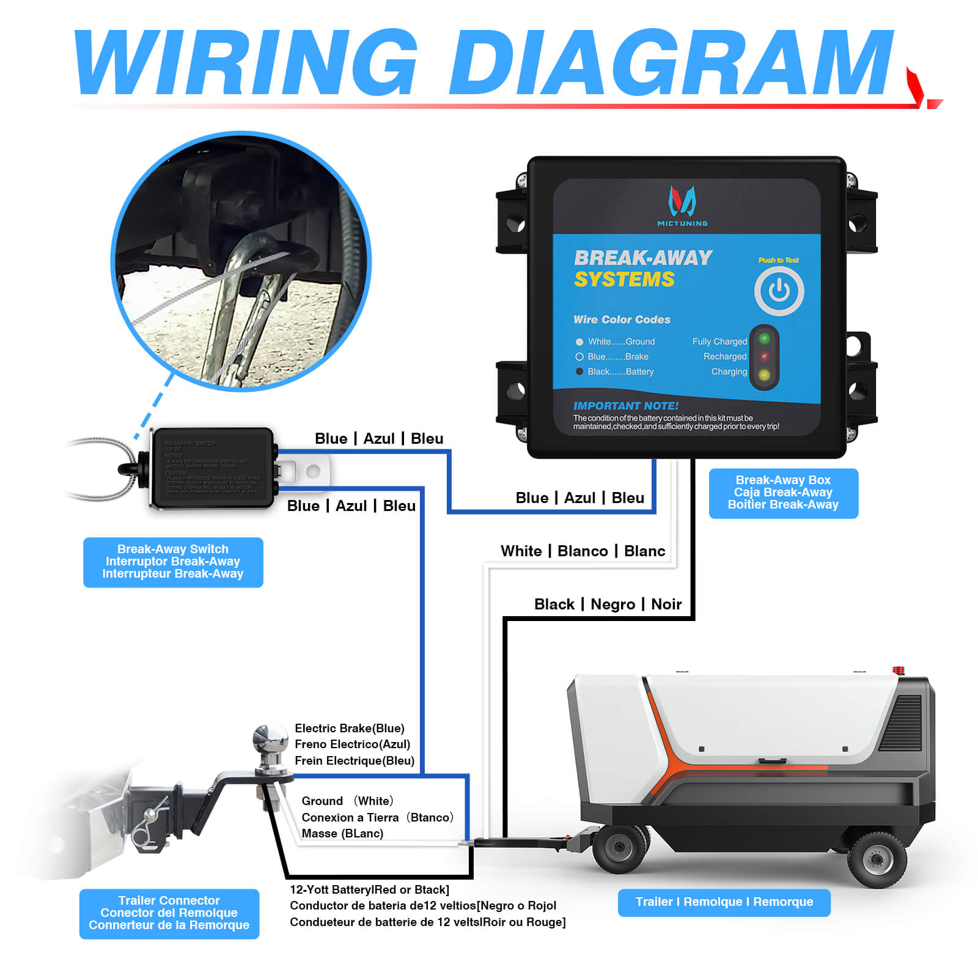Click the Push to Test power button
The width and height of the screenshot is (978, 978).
pyautogui.click(x=779, y=291)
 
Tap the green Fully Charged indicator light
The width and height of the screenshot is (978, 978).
pyautogui.click(x=764, y=339)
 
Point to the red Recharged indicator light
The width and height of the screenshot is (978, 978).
pyautogui.click(x=764, y=356)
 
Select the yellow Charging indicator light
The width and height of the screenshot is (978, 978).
pyautogui.click(x=764, y=375)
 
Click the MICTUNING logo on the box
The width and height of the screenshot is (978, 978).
pyautogui.click(x=682, y=205)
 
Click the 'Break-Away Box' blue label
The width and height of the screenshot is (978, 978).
pyautogui.click(x=783, y=493)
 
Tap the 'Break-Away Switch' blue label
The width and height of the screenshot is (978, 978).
pyautogui.click(x=173, y=562)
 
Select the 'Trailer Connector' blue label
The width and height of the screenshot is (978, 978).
pyautogui.click(x=169, y=913)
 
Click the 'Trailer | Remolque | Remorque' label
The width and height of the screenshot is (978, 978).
pyautogui.click(x=724, y=902)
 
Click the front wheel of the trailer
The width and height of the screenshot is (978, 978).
pyautogui.click(x=620, y=847)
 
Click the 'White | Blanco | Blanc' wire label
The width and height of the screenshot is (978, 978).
pyautogui.click(x=583, y=551)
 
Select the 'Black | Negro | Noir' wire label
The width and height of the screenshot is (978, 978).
pyautogui.click(x=608, y=605)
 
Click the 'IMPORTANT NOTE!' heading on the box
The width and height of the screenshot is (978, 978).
pyautogui.click(x=625, y=406)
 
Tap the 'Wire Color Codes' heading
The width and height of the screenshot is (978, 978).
pyautogui.click(x=622, y=320)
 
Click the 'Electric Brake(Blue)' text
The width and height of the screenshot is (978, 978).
pyautogui.click(x=350, y=729)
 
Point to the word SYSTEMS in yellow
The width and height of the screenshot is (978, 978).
pyautogui.click(x=624, y=280)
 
